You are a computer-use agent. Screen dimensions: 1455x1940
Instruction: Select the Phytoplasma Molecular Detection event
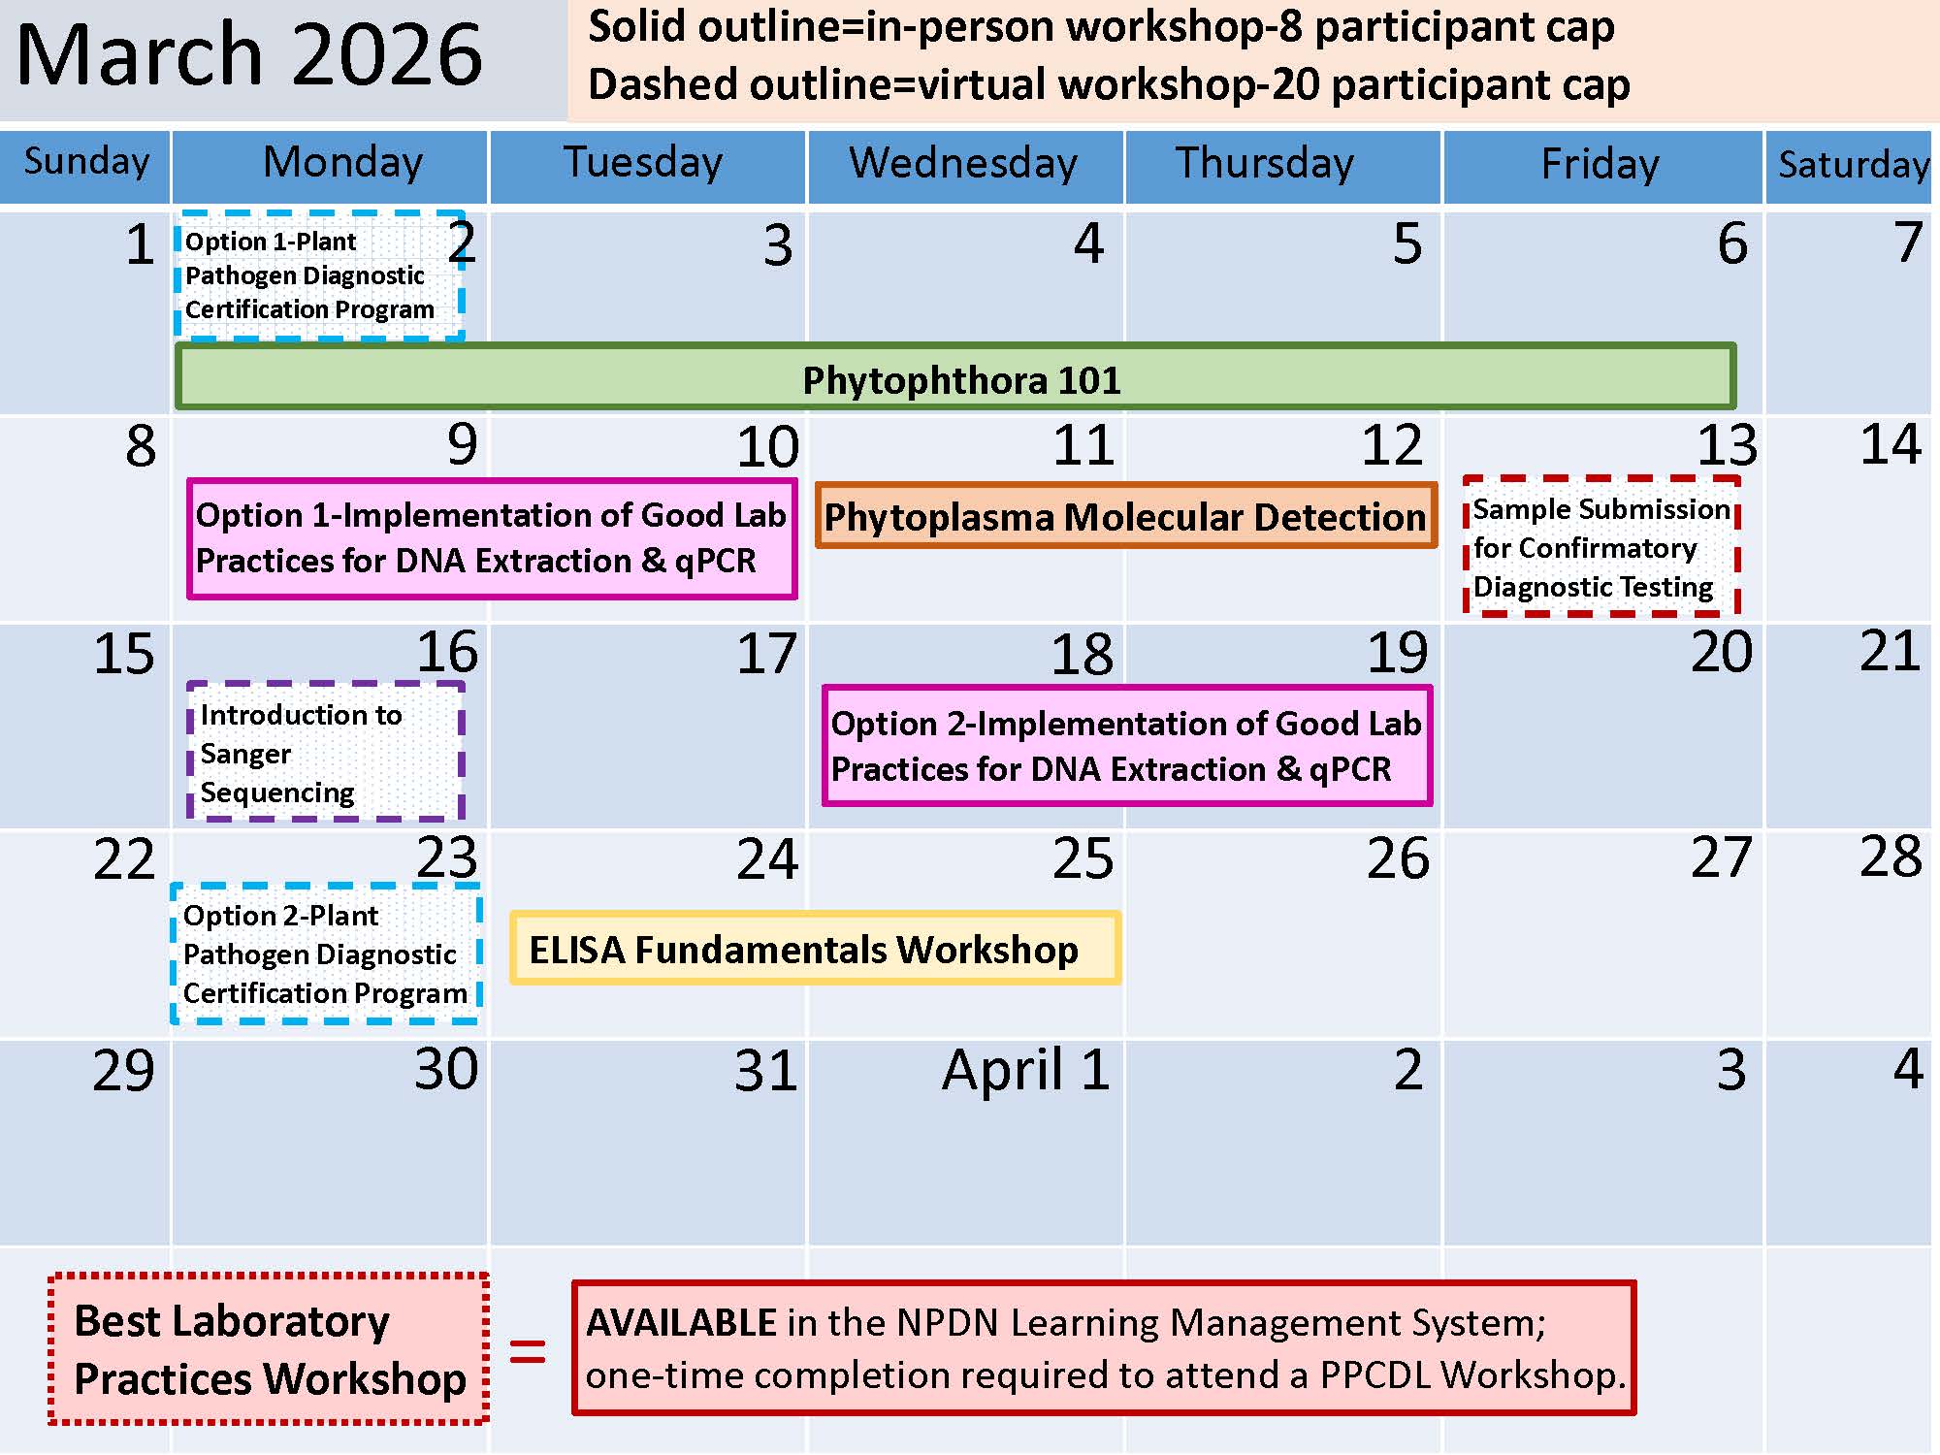point(1125,516)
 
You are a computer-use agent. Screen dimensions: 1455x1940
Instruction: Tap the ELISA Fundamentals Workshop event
point(815,949)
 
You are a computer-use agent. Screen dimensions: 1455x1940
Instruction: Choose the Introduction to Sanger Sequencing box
point(325,752)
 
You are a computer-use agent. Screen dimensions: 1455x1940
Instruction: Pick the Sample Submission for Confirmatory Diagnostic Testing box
point(1600,546)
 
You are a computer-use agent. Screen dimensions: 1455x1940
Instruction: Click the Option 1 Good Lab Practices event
point(492,538)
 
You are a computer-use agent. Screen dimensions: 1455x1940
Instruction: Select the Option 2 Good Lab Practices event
point(1126,746)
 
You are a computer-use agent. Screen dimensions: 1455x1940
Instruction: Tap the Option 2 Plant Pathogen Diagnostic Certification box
point(326,954)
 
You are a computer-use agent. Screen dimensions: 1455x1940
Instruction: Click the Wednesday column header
point(964,163)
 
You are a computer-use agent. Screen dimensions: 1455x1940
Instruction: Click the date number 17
point(766,654)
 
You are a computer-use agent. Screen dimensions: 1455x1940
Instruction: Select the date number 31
point(766,1071)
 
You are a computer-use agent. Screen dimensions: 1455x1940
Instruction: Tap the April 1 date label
point(1025,1070)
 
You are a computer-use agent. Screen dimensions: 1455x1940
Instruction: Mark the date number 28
point(1890,857)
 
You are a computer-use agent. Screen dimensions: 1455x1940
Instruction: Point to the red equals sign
point(528,1352)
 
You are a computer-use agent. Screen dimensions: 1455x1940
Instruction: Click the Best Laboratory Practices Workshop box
point(269,1349)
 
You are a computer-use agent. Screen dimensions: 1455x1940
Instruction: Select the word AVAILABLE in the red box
point(681,1323)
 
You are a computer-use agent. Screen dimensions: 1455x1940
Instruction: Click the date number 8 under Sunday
point(141,446)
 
